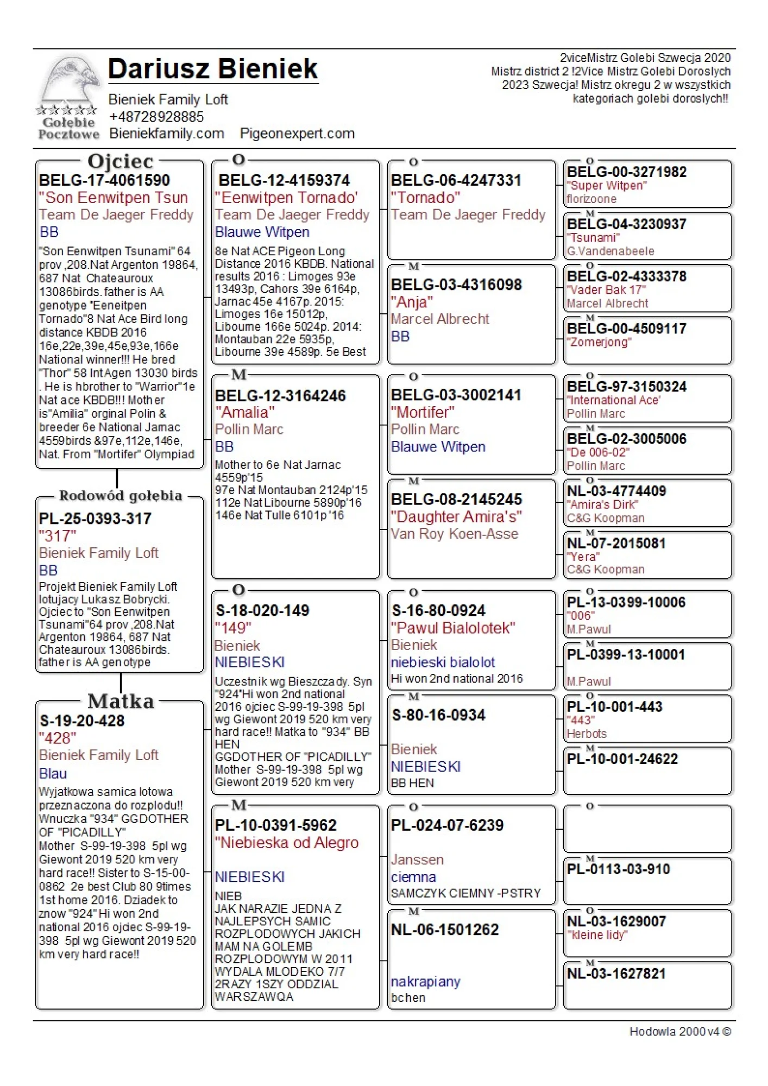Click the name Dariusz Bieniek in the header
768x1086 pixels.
(x=213, y=69)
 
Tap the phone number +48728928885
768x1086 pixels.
(x=156, y=117)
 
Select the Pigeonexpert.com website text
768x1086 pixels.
(x=297, y=134)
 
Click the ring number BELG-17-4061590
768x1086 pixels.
(x=104, y=180)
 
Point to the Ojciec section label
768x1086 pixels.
(x=121, y=161)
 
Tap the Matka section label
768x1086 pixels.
(x=121, y=701)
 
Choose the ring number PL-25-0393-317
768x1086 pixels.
(x=95, y=519)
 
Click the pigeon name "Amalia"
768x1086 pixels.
(x=244, y=412)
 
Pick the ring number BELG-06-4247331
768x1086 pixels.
(x=456, y=180)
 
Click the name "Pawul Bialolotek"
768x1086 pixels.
(x=453, y=628)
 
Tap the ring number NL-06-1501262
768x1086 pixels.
(x=445, y=930)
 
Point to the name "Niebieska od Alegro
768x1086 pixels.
(x=287, y=843)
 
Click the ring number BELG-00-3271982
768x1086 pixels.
(x=627, y=172)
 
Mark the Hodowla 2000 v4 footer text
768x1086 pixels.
(x=679, y=1031)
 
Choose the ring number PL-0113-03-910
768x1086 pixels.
(x=619, y=869)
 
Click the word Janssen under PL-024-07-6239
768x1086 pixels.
(x=417, y=860)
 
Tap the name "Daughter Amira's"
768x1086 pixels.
(x=456, y=516)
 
